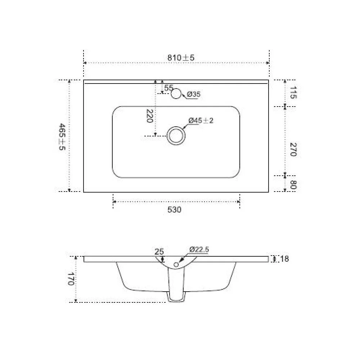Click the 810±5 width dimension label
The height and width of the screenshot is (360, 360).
tap(181, 57)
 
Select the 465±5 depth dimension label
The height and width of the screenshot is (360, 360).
tap(62, 136)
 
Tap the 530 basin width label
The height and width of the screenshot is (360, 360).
tap(174, 210)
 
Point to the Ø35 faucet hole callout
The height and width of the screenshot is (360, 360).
tap(194, 94)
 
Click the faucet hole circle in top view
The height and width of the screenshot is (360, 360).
tap(176, 94)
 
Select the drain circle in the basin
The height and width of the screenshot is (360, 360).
tap(176, 136)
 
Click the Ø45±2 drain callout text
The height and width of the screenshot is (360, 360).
tap(201, 120)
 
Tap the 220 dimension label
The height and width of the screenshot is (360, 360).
tap(149, 116)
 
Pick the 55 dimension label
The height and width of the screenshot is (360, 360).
tap(169, 87)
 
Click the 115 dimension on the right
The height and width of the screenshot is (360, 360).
tap(293, 93)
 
